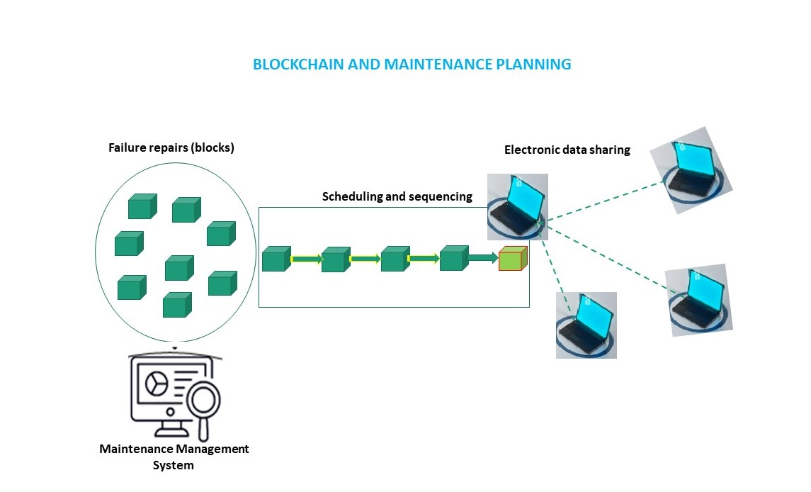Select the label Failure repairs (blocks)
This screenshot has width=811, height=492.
(171, 148)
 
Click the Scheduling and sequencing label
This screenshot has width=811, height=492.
(397, 196)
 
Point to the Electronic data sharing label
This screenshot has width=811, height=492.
(567, 150)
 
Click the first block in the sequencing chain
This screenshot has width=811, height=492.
(276, 259)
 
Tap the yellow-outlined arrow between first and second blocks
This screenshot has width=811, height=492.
(306, 259)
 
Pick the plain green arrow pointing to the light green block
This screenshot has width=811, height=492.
(483, 259)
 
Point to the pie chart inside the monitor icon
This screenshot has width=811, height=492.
(156, 384)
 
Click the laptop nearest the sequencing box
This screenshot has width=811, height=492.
(517, 206)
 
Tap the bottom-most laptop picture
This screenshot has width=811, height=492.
(586, 325)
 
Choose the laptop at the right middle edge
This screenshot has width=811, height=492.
(699, 300)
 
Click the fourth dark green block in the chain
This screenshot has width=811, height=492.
(453, 259)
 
